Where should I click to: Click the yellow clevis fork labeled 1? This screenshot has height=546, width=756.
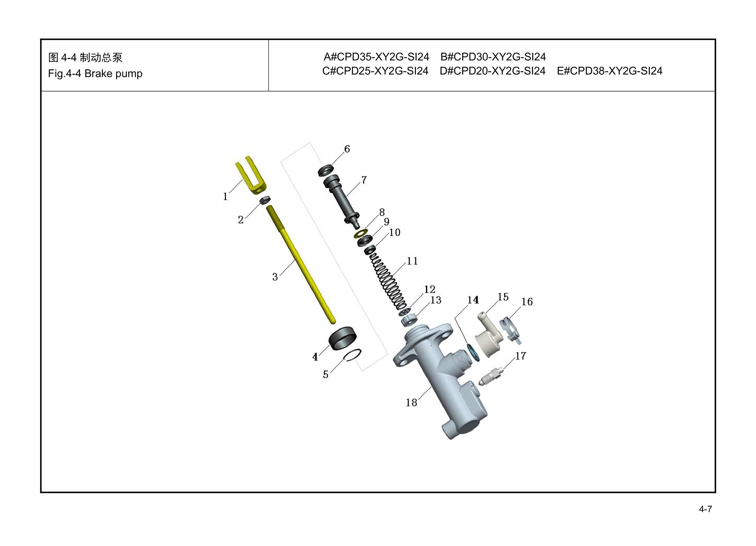click(251, 176)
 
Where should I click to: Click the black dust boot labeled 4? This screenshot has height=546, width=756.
click(342, 338)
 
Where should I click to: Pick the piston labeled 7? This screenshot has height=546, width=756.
click(341, 200)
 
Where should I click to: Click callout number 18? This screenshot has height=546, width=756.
click(411, 403)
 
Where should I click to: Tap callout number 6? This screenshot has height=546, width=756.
click(347, 149)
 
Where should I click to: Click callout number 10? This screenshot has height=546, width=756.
click(395, 232)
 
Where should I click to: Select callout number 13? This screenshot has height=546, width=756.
click(436, 300)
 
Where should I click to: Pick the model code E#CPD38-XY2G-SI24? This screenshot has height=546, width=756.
click(609, 71)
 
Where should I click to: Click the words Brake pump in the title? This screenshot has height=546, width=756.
click(113, 73)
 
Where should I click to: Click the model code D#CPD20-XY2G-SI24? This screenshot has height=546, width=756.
click(492, 71)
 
